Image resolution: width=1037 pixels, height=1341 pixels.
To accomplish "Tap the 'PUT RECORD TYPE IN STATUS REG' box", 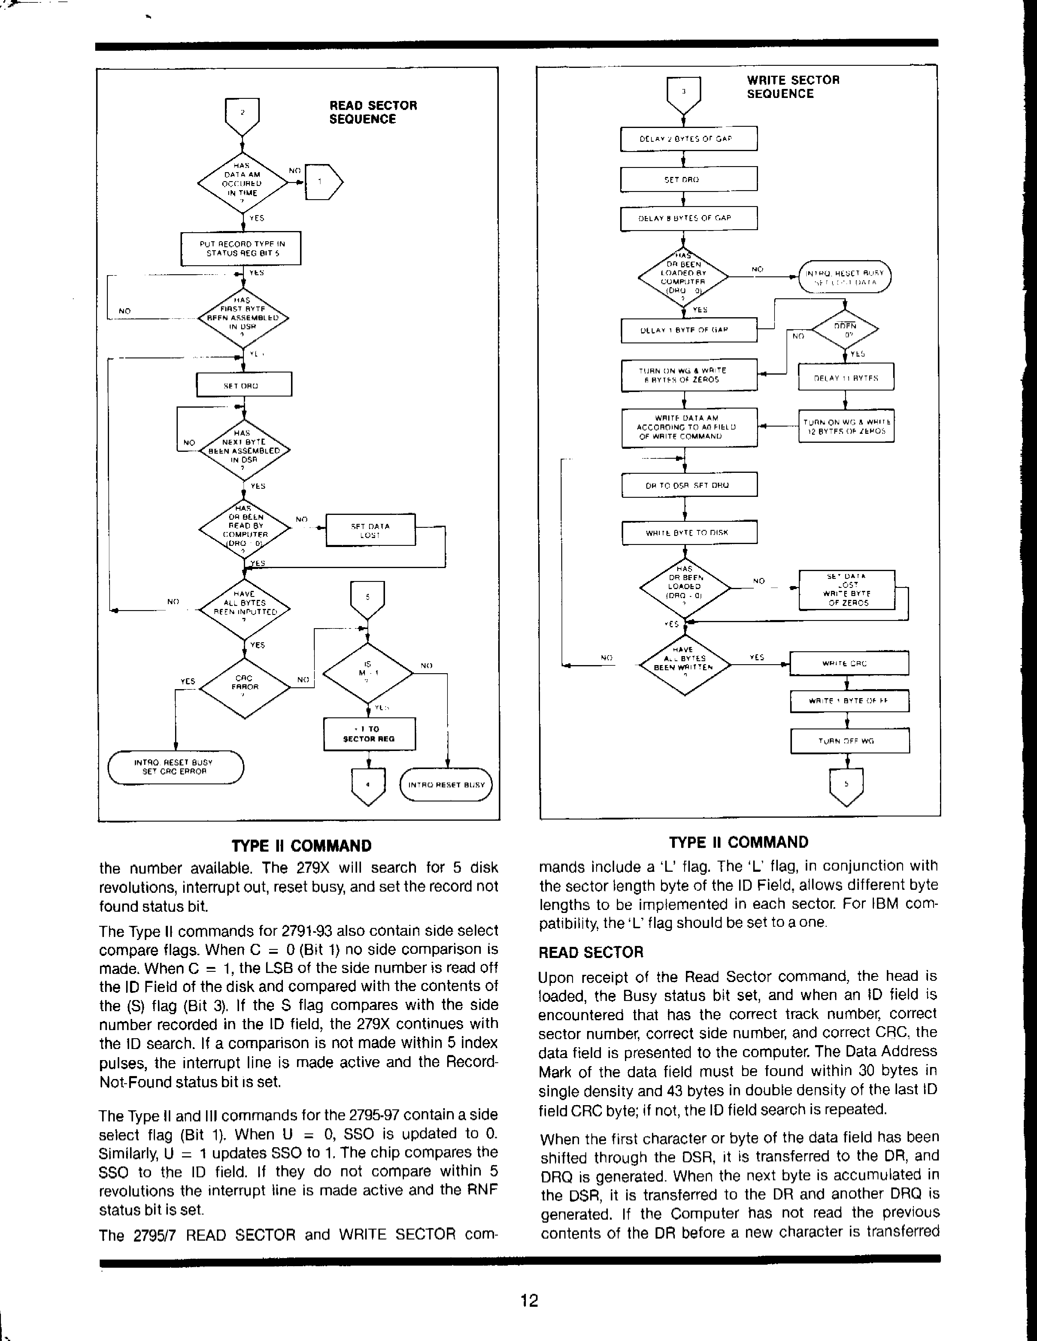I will click(x=241, y=248).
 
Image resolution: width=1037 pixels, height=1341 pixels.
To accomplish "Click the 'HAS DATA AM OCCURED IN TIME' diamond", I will click(x=243, y=183).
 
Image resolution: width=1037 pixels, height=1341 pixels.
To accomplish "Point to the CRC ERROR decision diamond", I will click(x=244, y=683).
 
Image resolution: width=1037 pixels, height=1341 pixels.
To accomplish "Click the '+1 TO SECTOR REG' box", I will click(x=369, y=734).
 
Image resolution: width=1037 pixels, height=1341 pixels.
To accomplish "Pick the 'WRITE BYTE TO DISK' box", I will click(x=689, y=532).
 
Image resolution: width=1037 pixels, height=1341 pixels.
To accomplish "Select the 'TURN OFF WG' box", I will click(x=849, y=740).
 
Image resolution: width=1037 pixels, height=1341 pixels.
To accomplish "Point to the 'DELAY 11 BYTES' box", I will click(x=845, y=378).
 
